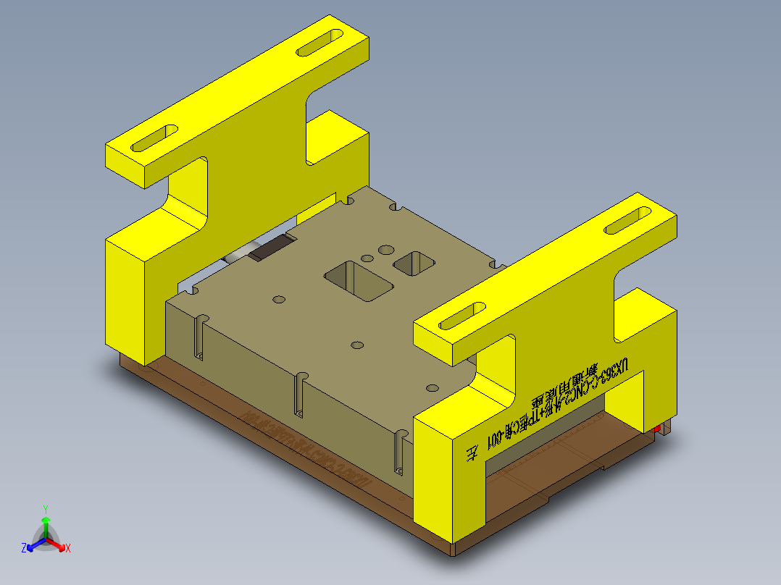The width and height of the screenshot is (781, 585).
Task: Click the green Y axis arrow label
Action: click(45, 508)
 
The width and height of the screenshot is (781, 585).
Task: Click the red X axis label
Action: click(68, 548)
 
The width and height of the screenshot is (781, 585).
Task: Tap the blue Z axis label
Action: click(24, 548)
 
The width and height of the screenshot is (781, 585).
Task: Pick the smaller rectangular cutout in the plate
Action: click(414, 263)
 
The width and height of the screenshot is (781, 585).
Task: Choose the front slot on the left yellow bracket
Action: click(154, 138)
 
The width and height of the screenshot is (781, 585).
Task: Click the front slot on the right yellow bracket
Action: click(462, 316)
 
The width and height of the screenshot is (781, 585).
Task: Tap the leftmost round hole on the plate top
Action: click(277, 299)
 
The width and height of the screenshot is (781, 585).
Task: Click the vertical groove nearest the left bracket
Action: click(199, 337)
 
